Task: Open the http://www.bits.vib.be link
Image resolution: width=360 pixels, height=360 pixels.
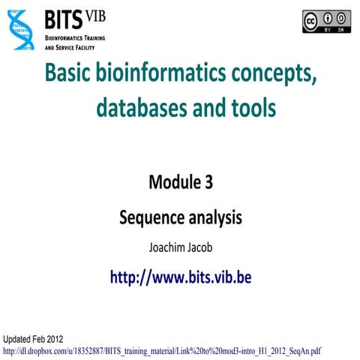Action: click(x=180, y=277)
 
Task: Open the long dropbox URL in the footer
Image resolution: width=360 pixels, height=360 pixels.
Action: click(x=162, y=349)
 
